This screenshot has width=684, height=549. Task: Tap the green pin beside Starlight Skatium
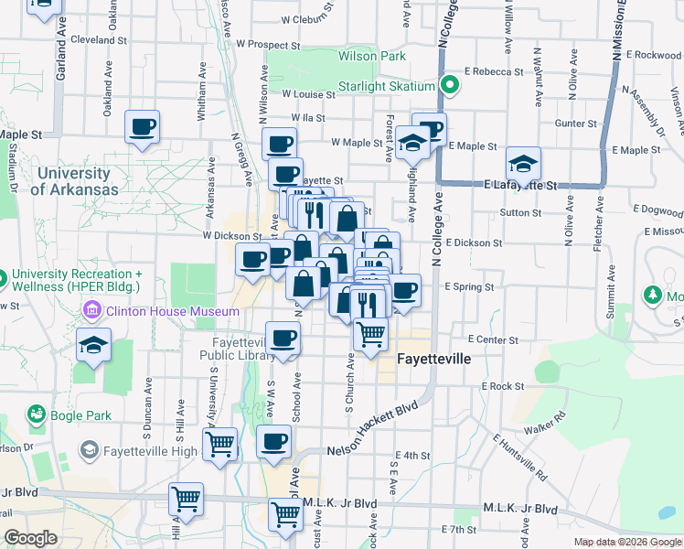point(449,86)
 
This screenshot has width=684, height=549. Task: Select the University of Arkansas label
point(74,181)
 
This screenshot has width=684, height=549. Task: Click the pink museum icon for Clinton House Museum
point(91,311)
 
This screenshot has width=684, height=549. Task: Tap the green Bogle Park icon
point(36,415)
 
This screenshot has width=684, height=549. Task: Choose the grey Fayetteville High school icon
point(90,450)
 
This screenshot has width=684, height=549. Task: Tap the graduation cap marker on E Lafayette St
point(524,164)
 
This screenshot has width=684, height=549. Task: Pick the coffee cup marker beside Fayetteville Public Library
point(283,339)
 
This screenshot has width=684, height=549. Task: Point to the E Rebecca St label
point(493,71)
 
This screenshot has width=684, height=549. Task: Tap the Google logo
point(31,538)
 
